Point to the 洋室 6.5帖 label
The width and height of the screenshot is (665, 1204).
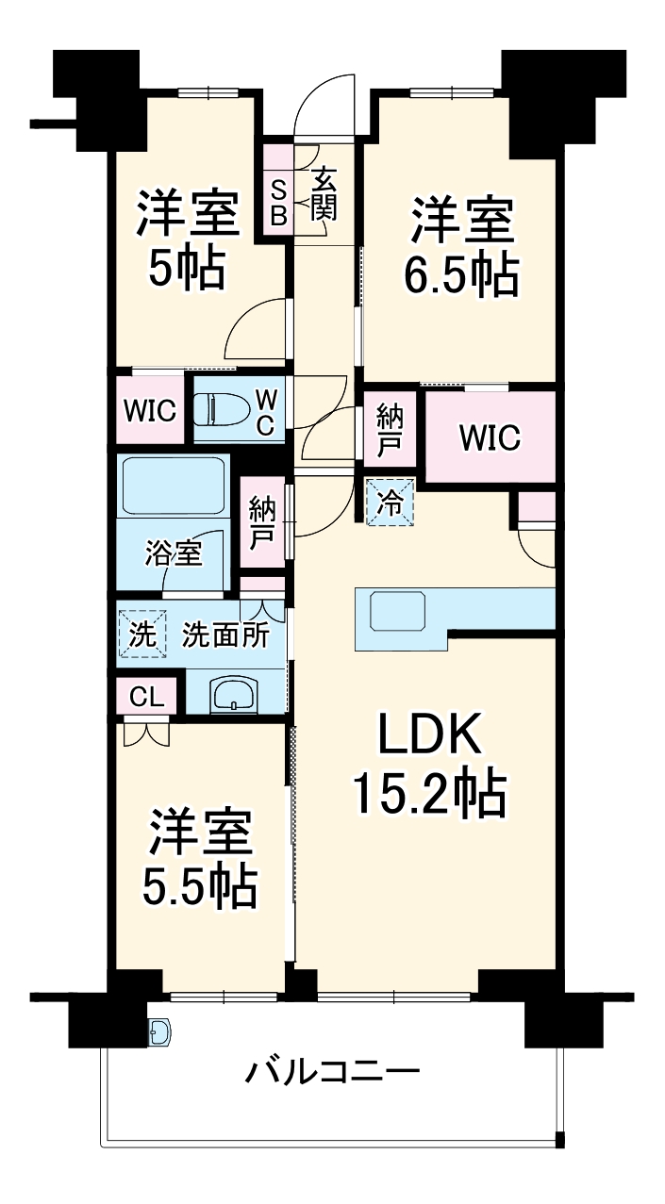[x=462, y=247]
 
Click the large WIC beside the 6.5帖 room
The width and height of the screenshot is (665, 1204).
[x=489, y=437]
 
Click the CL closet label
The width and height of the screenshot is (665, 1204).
[x=145, y=698]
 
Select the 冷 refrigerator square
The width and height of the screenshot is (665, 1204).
[x=389, y=502]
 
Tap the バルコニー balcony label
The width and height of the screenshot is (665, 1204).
[x=332, y=1072]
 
